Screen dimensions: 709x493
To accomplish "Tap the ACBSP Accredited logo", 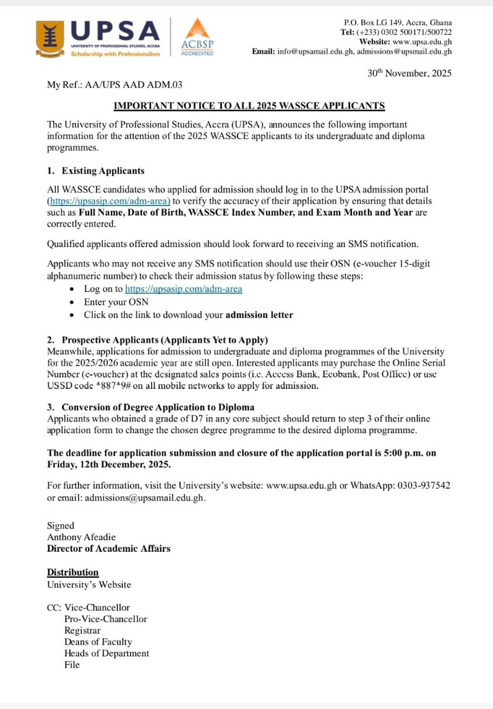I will point(198,37).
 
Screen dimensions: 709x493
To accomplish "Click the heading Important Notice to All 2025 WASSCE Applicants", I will point(249,106).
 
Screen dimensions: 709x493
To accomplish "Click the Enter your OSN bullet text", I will point(116,302).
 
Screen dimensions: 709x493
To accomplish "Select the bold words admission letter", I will point(259,315).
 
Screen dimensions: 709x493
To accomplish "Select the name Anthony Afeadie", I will point(81,536).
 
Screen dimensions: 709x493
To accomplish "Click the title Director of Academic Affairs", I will point(109,548).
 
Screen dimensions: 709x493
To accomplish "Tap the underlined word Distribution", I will point(73,573).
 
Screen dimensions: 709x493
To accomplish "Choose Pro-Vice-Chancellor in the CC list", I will point(106,619).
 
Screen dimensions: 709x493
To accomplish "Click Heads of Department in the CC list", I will point(107,653).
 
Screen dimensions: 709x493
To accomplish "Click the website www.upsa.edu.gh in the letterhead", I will point(422,41).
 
